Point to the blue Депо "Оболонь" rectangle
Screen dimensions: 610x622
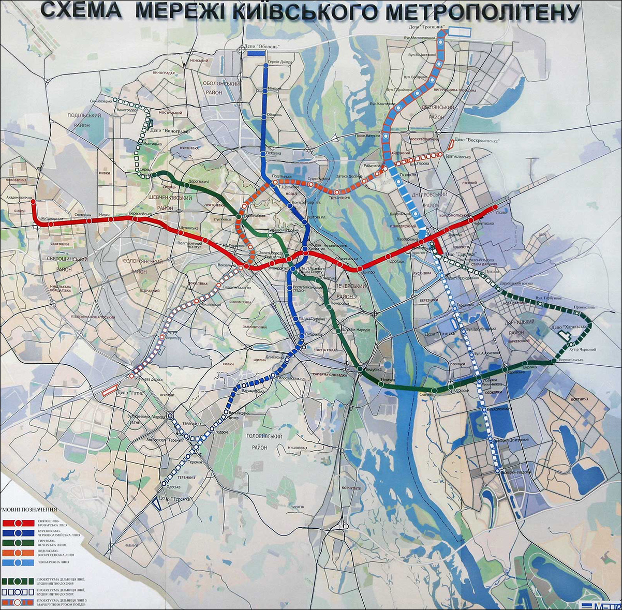[x=253, y=53]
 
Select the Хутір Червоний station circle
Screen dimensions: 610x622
[x=571, y=345]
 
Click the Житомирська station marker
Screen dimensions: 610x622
[x=51, y=224]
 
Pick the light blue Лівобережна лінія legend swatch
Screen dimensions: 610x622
[x=18, y=562]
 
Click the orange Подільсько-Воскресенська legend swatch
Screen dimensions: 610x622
[x=18, y=553]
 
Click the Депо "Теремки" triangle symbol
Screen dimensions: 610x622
[x=156, y=503]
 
